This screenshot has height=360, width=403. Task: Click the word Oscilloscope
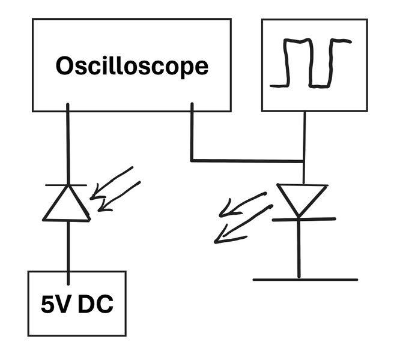(x=132, y=66)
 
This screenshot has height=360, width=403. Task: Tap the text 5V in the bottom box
(x=55, y=304)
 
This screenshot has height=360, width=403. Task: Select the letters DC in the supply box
(x=95, y=304)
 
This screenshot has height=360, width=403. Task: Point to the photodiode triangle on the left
(x=67, y=203)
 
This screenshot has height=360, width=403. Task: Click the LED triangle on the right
(x=301, y=201)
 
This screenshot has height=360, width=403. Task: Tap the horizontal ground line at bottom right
(x=305, y=280)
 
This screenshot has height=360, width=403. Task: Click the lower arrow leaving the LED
(x=243, y=224)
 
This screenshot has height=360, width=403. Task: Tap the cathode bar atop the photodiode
(x=66, y=185)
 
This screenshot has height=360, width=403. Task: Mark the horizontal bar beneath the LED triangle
(x=304, y=219)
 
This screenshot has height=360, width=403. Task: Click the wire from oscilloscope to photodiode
(x=68, y=144)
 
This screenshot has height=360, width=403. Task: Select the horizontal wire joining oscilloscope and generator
(x=247, y=161)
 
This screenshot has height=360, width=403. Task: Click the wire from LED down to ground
(x=298, y=248)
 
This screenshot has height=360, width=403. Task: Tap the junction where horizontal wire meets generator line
(x=304, y=161)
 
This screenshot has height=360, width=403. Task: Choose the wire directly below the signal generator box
(x=305, y=148)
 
